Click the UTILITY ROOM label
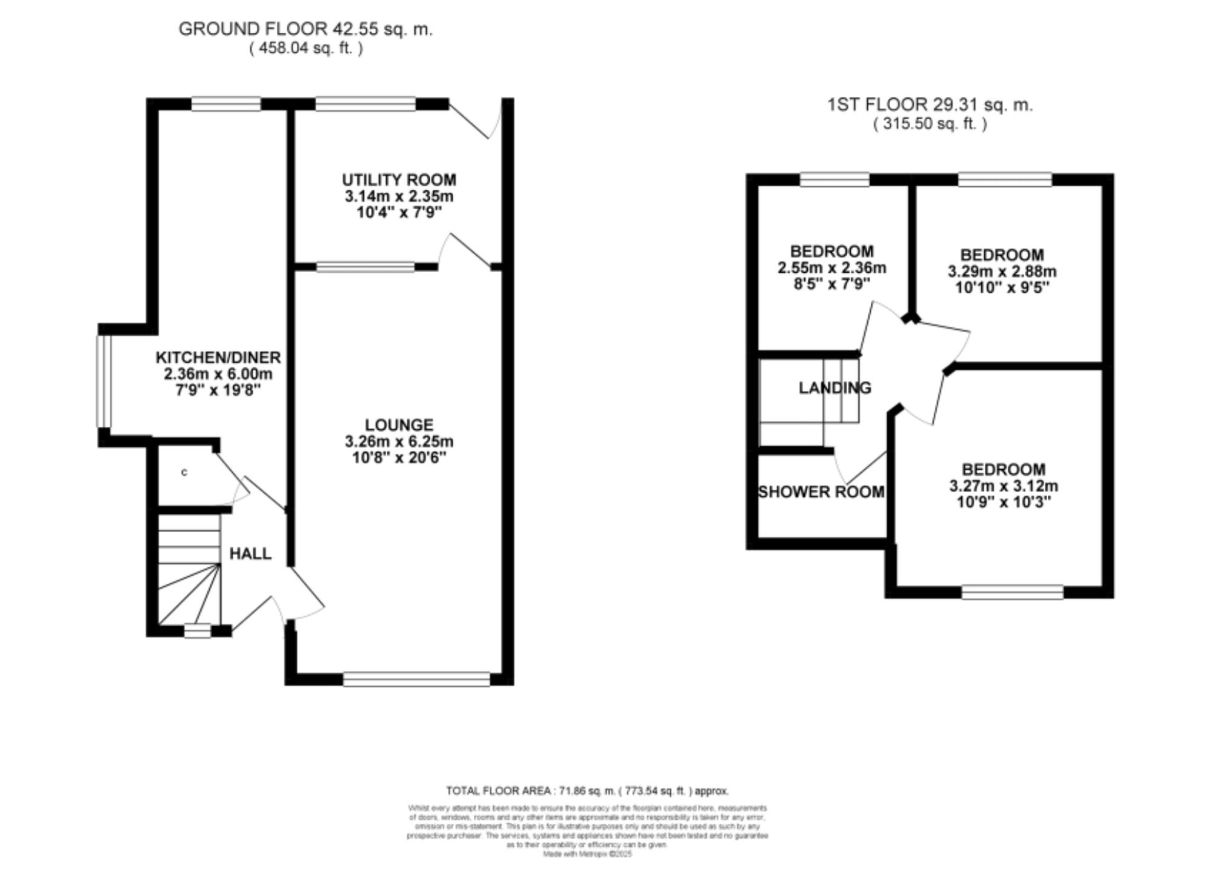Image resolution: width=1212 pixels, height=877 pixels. (x=399, y=180)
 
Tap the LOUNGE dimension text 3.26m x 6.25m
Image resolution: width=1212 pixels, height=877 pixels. (x=399, y=441)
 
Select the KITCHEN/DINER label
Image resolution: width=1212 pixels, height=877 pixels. (x=218, y=358)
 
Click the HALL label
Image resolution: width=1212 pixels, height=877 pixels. (x=250, y=553)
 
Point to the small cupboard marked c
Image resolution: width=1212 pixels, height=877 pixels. (x=184, y=472)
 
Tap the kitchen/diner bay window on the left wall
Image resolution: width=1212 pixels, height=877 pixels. (x=105, y=381)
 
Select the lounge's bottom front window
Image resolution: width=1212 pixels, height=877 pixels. (x=416, y=679)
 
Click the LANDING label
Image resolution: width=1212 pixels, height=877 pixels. (x=834, y=388)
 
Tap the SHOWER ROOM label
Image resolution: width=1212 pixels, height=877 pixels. (x=821, y=492)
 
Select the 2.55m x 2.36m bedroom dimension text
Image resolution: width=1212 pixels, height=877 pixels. (x=831, y=267)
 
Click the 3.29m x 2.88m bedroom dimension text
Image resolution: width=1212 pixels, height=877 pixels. (x=1002, y=271)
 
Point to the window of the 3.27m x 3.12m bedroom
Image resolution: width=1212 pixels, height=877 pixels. (x=1012, y=592)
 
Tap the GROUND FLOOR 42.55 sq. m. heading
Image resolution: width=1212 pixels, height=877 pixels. (x=305, y=29)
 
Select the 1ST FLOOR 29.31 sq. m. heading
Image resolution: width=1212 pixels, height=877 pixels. (x=930, y=105)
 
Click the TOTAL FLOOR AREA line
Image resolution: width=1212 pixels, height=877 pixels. (x=587, y=791)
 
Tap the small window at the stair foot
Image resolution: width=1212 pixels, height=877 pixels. (x=197, y=631)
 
